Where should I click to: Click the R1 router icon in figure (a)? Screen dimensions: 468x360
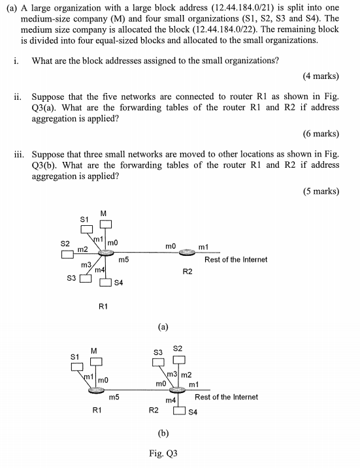102,253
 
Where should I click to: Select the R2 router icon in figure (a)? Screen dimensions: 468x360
188,253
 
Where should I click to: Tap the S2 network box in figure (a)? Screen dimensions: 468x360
67,254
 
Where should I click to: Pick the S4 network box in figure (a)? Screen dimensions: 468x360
105,283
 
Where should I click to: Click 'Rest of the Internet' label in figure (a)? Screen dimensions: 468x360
236,259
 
